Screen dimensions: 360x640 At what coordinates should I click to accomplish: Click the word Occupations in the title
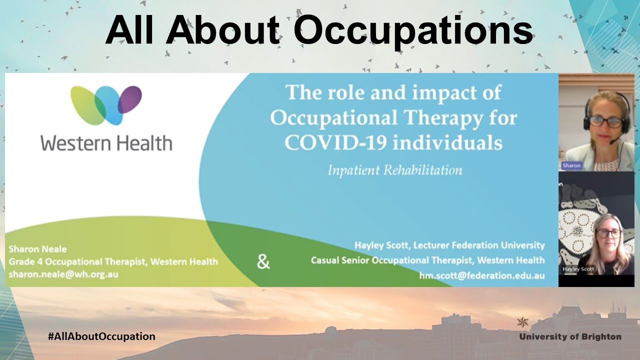point(416,31)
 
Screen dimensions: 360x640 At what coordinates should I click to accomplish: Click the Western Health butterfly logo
point(106,105)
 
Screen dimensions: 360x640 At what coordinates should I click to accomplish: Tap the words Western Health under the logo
point(106,143)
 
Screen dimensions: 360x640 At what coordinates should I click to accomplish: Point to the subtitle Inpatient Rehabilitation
point(394,170)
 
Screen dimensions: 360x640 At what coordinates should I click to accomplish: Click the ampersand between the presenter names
point(263,261)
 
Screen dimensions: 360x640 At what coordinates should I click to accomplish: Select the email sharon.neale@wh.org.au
point(63,274)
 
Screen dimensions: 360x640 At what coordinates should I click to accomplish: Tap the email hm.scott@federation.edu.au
point(482,275)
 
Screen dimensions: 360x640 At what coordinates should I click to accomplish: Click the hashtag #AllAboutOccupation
point(101,336)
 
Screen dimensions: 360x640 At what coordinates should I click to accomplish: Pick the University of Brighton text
point(570,336)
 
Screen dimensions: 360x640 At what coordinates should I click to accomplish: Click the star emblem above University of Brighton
point(523,322)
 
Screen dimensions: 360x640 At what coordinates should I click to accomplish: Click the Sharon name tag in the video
point(571,165)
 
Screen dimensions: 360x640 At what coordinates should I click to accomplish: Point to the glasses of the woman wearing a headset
point(605,121)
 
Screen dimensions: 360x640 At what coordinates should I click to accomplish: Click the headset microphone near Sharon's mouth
point(613,142)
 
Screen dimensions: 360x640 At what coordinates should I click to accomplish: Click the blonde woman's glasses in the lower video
point(608,232)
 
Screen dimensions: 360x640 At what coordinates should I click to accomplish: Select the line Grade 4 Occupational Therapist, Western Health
point(113,261)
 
